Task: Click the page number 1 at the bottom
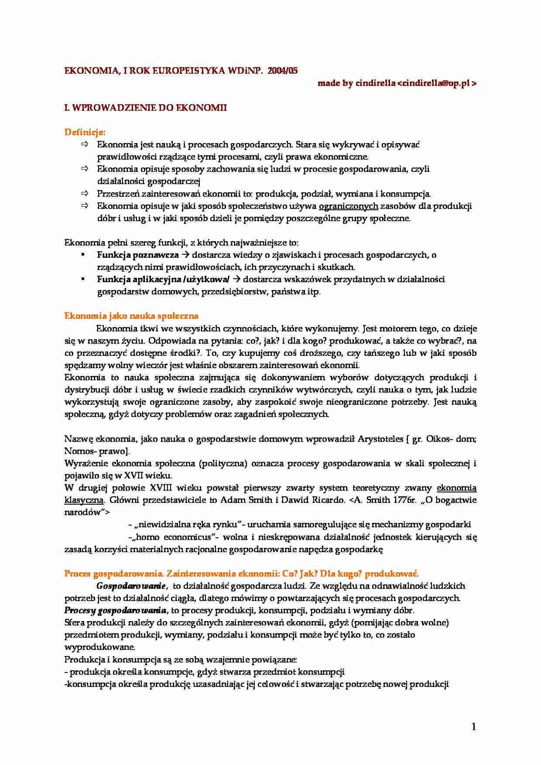(474, 727)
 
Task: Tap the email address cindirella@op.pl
(436, 83)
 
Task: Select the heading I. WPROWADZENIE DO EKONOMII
(145, 108)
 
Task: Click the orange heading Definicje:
(85, 132)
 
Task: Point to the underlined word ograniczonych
(348, 206)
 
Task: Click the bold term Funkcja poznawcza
(137, 255)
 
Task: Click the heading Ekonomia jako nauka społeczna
(131, 316)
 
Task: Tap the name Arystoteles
(380, 439)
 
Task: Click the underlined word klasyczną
(84, 500)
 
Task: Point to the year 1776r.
(404, 500)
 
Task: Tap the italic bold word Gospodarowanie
(130, 586)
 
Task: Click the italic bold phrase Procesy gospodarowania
(115, 611)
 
